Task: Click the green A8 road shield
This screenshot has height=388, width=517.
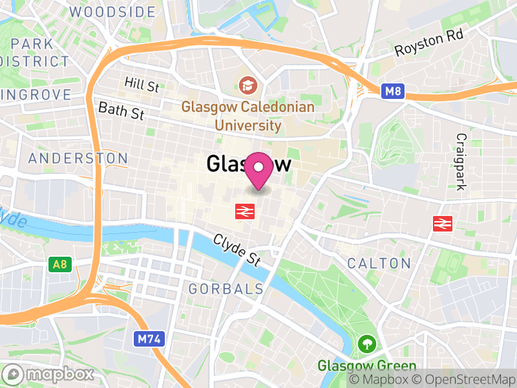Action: click(59, 264)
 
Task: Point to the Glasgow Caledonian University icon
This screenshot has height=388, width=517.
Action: click(247, 84)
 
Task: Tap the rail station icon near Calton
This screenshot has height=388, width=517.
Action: click(443, 224)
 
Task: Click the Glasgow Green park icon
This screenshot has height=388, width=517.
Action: click(366, 343)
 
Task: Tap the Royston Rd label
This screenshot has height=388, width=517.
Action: click(430, 45)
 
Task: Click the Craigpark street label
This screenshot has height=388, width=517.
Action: click(461, 162)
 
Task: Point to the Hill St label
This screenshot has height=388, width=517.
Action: click(142, 83)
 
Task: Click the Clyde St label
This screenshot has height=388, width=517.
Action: click(238, 250)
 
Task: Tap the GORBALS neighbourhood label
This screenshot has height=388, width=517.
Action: click(226, 289)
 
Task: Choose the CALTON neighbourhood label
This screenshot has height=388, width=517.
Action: click(379, 263)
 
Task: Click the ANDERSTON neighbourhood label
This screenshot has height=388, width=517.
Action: click(78, 158)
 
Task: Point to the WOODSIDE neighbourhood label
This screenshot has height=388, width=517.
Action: click(112, 12)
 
